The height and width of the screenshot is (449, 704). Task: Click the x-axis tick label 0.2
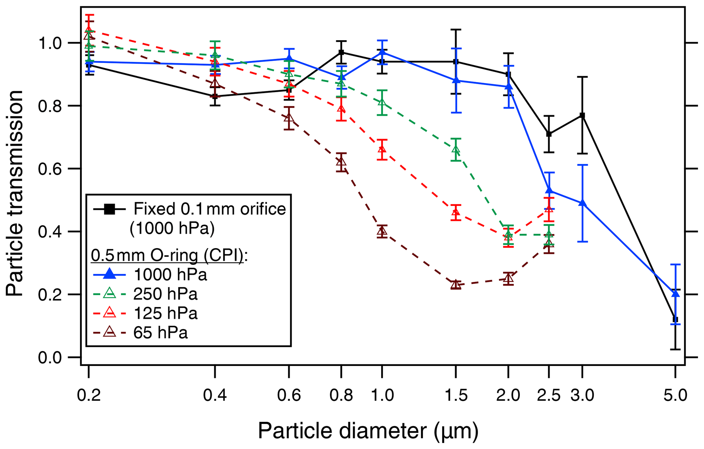[x=89, y=396]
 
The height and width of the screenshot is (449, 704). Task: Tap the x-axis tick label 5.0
[x=675, y=396]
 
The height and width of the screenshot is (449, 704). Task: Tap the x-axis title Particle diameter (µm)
[x=368, y=431]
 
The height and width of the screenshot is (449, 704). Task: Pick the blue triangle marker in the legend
[x=109, y=274]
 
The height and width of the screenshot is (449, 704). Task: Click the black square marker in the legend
[x=109, y=209]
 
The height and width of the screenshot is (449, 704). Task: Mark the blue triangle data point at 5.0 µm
[x=675, y=294]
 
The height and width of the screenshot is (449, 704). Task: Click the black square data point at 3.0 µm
[x=582, y=116]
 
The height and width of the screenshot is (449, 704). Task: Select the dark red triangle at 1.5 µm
[x=456, y=285]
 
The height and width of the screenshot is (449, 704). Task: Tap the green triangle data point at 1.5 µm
[x=456, y=149]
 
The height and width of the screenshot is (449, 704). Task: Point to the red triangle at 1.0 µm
[x=382, y=149]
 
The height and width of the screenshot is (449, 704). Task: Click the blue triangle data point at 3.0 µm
[x=582, y=203]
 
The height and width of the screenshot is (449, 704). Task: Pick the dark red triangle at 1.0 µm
[x=382, y=231]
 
